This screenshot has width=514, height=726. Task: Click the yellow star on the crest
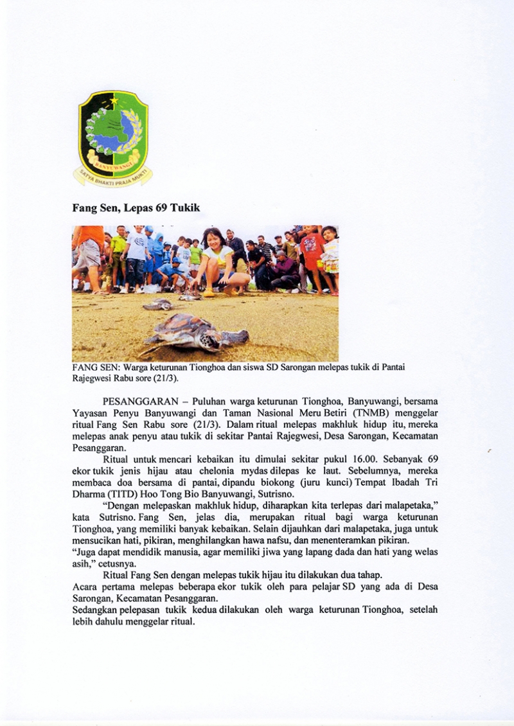(x=115, y=101)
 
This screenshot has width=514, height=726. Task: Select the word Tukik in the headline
(x=186, y=208)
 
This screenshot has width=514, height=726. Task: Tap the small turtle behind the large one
(x=157, y=304)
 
